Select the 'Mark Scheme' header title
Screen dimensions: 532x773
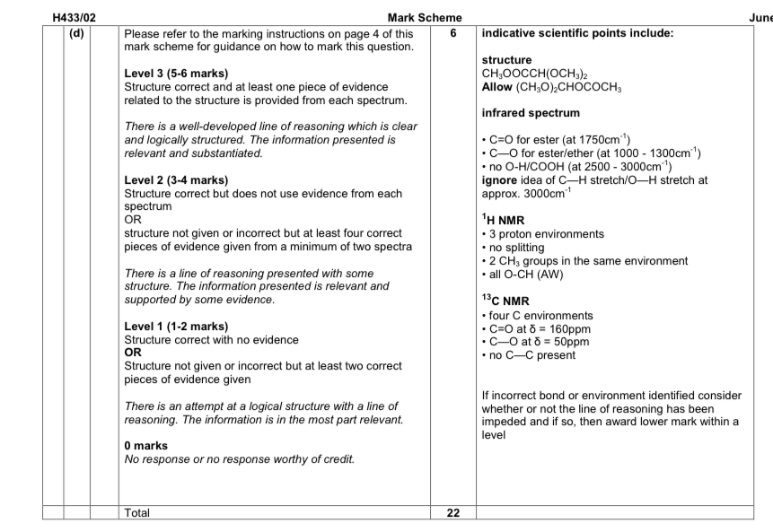[x=425, y=17]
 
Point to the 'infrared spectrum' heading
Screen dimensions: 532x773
[x=531, y=113]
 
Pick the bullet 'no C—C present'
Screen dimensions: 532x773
[x=531, y=355]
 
